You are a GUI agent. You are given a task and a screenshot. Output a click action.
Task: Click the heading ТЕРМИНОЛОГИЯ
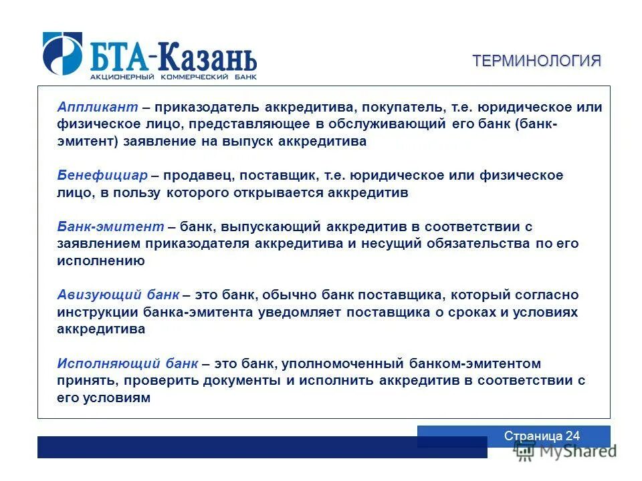coord(537,61)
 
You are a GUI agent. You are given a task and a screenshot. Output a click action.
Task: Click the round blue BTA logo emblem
coord(63,53)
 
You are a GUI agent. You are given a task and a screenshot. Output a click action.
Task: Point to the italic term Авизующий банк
coord(118,295)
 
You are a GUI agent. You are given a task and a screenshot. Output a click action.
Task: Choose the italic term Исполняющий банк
coord(127,364)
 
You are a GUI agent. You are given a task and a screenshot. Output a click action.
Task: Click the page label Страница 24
coord(542,436)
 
